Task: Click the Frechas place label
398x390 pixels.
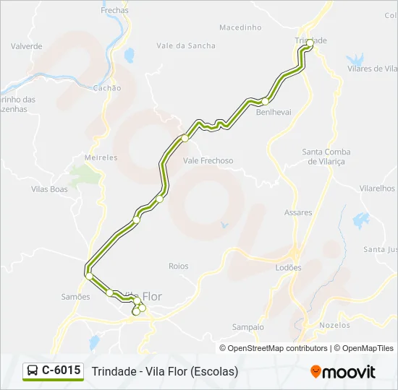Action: coord(115,11)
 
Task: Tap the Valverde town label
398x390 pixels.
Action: coord(27,46)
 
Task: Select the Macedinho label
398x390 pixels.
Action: coord(240,27)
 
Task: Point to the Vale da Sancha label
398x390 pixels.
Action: coord(186,45)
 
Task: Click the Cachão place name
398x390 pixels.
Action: coord(107,87)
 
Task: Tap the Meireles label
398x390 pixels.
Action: coord(101,157)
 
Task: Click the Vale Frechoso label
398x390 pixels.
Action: coord(208,160)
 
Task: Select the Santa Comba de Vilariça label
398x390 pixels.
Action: coord(326,157)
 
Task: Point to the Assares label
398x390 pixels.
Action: coord(298,213)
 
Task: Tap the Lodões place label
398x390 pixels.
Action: coord(289,267)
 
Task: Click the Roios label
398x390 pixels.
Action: coord(178,266)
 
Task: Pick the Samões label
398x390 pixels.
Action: coord(76,297)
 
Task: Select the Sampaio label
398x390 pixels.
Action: coord(247,327)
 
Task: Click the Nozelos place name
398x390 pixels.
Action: coord(334,326)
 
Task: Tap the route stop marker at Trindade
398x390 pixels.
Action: coord(310,44)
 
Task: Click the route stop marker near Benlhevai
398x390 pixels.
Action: coord(266,101)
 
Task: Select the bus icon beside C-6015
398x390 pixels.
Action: coord(33,371)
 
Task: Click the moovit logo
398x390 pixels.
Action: coord(343,372)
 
